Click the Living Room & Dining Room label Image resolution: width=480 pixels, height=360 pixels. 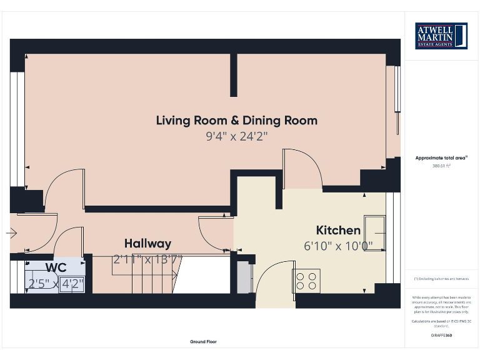[x=236, y=121]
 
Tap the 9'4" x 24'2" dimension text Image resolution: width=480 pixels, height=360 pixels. [x=236, y=136]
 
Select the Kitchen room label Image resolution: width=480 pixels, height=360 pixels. [x=337, y=230]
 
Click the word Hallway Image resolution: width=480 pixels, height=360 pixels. [x=147, y=244]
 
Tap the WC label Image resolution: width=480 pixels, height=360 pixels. [x=55, y=267]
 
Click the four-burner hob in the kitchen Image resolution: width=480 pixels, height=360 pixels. [x=307, y=280]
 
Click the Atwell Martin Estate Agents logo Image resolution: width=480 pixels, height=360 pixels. [x=441, y=36]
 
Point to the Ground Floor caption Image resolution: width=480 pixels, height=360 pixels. [x=203, y=342]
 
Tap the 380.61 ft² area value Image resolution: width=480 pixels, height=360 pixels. [x=441, y=166]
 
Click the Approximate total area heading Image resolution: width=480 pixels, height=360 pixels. [x=441, y=158]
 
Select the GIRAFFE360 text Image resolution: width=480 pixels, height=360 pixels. [x=441, y=336]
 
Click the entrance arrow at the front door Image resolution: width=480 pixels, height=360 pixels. [x=11, y=233]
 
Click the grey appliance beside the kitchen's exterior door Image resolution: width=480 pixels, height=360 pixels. [x=242, y=277]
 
